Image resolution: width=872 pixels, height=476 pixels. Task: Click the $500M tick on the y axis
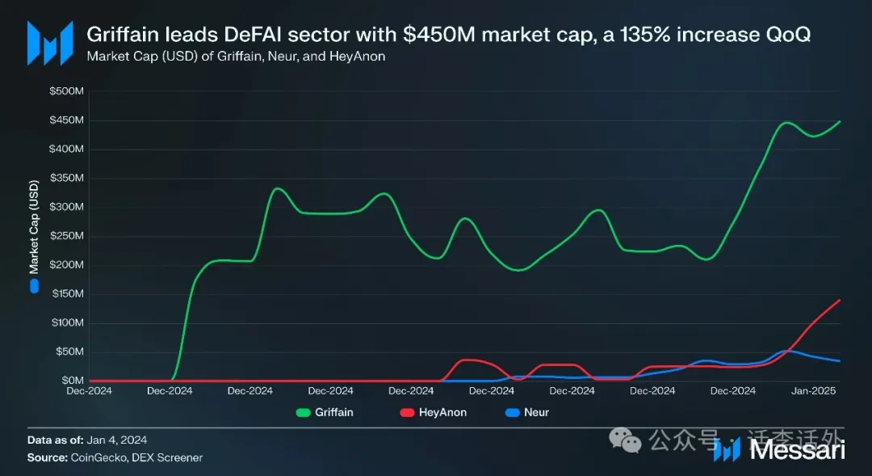point(67,92)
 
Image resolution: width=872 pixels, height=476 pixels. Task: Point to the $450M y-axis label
point(67,120)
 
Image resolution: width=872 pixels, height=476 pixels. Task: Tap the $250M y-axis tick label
point(67,236)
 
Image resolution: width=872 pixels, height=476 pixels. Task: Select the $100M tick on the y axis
point(67,323)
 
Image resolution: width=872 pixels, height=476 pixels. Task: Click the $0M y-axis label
point(72,381)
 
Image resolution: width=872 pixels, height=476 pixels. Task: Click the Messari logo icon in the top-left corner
point(44,43)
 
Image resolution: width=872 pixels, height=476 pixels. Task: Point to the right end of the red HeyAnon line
point(841,300)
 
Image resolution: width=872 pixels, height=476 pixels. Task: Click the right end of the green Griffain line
point(841,121)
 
